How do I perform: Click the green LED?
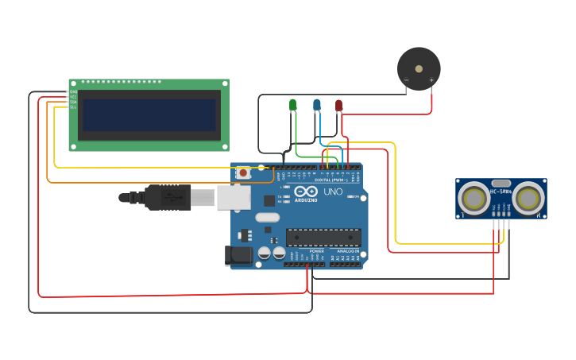(x=292, y=104)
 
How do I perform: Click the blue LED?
(x=316, y=104)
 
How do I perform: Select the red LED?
(x=338, y=104)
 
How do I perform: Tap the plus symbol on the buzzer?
(x=431, y=79)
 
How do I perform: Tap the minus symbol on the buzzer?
(x=406, y=79)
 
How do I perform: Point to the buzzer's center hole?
(x=419, y=68)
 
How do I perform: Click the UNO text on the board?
(x=333, y=192)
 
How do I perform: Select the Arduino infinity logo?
(x=306, y=192)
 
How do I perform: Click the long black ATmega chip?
(x=323, y=237)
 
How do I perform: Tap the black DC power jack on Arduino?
(x=238, y=255)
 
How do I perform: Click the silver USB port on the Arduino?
(x=234, y=197)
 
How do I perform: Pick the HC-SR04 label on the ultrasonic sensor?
(x=501, y=191)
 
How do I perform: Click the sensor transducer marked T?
(x=475, y=198)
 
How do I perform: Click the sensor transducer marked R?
(x=528, y=198)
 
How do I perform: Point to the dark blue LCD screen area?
(x=149, y=115)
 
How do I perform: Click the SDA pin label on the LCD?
(x=73, y=102)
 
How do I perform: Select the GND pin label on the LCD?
(x=73, y=92)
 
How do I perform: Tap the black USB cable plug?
(x=167, y=197)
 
